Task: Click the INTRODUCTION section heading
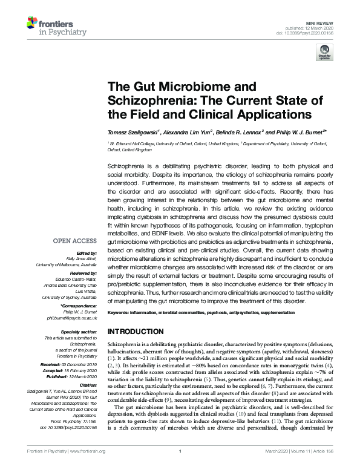pos(137,332)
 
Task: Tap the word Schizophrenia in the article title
pos(146,100)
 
